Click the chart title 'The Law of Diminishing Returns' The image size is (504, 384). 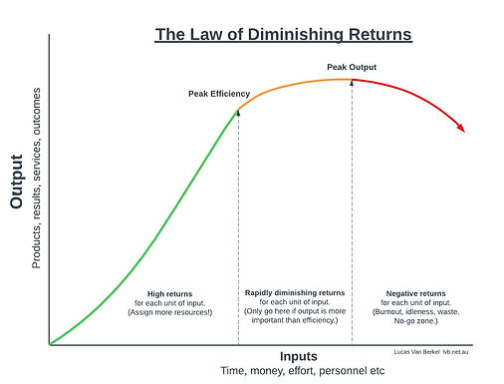(x=283, y=35)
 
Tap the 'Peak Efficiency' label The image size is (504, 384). (x=219, y=94)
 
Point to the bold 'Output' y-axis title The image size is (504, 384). (x=17, y=182)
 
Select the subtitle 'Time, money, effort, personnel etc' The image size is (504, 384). (x=302, y=371)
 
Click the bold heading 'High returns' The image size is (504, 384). (x=167, y=293)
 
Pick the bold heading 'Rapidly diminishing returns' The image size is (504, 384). (x=295, y=292)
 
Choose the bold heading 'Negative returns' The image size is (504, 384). (x=415, y=293)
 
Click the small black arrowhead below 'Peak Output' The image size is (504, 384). (x=352, y=83)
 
